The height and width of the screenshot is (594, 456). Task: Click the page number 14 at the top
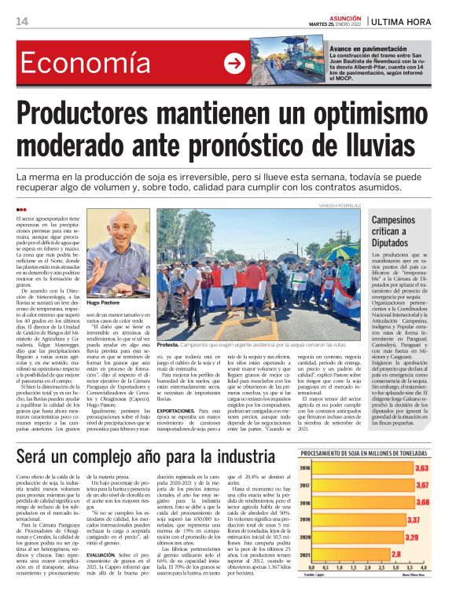click(22, 20)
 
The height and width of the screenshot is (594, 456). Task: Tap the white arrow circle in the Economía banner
click(234, 64)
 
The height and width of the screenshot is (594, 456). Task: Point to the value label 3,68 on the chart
click(422, 502)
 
